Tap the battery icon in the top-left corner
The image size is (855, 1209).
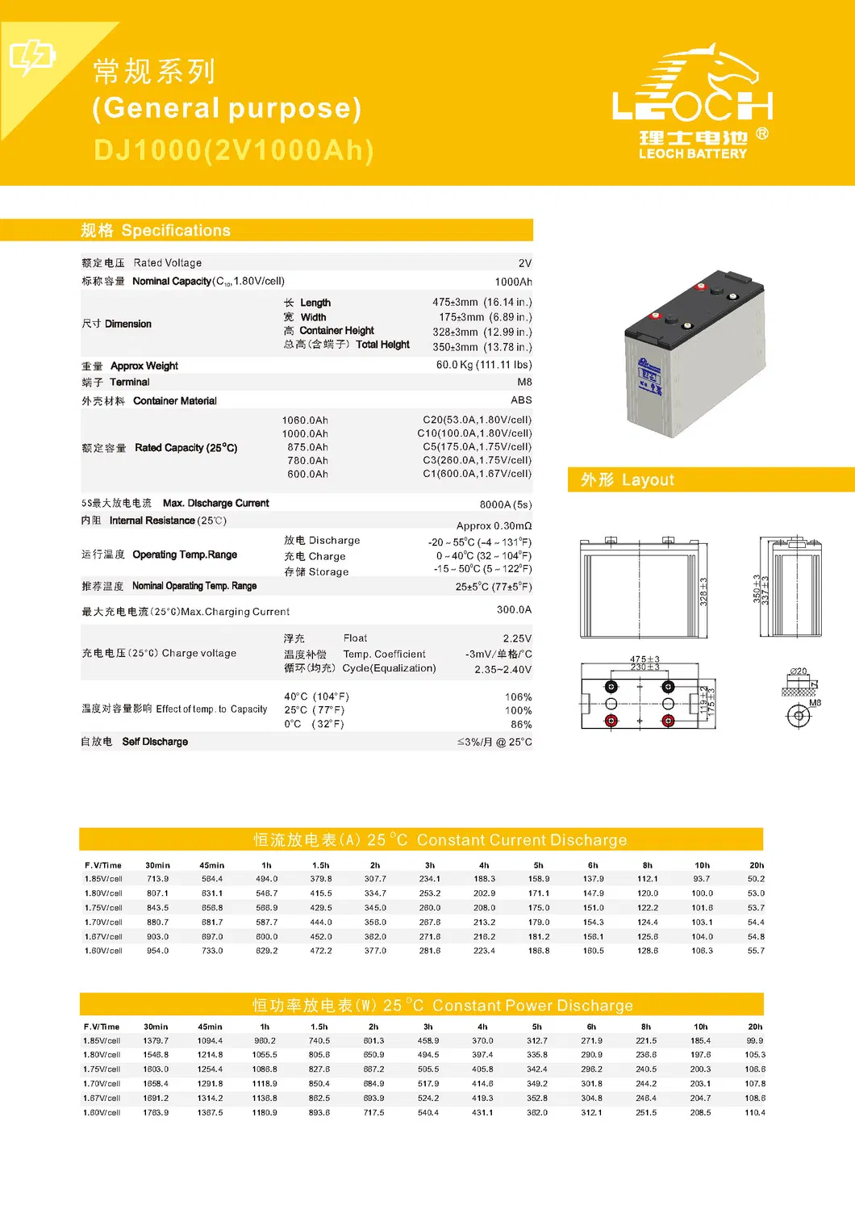(x=31, y=56)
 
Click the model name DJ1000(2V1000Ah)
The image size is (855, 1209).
(x=234, y=151)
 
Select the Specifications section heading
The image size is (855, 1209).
(x=156, y=231)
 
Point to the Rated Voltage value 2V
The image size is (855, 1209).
(x=524, y=263)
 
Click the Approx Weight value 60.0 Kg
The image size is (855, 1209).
(x=483, y=365)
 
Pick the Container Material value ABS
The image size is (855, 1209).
(x=521, y=400)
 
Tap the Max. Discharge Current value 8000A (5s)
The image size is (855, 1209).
(x=505, y=504)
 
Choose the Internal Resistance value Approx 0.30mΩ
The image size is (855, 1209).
(x=494, y=525)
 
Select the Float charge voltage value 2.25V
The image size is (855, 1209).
(x=517, y=638)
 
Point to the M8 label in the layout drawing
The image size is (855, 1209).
(x=815, y=703)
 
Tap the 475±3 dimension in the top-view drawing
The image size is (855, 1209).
(x=644, y=659)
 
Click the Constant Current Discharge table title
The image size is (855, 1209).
(x=440, y=840)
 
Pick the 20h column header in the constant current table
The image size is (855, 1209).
(x=756, y=865)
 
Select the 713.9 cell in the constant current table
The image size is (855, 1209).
(x=158, y=879)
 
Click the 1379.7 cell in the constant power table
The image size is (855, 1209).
(x=156, y=1041)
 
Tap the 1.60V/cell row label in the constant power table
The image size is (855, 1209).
(x=102, y=1113)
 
